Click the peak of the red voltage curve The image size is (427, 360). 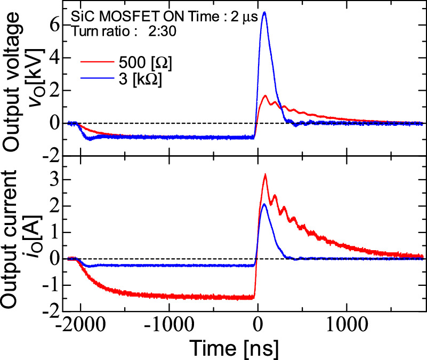pyautogui.click(x=265, y=96)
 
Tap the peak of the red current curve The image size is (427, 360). pyautogui.click(x=265, y=174)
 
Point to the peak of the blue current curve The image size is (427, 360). pyautogui.click(x=264, y=204)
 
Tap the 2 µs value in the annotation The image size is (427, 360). pyautogui.click(x=248, y=17)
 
